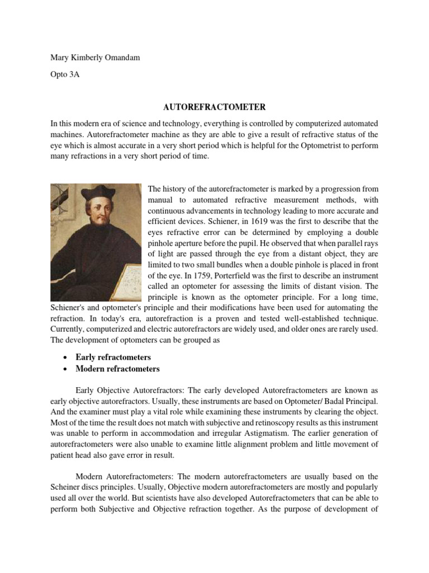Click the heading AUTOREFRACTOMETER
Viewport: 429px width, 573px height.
click(x=214, y=106)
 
